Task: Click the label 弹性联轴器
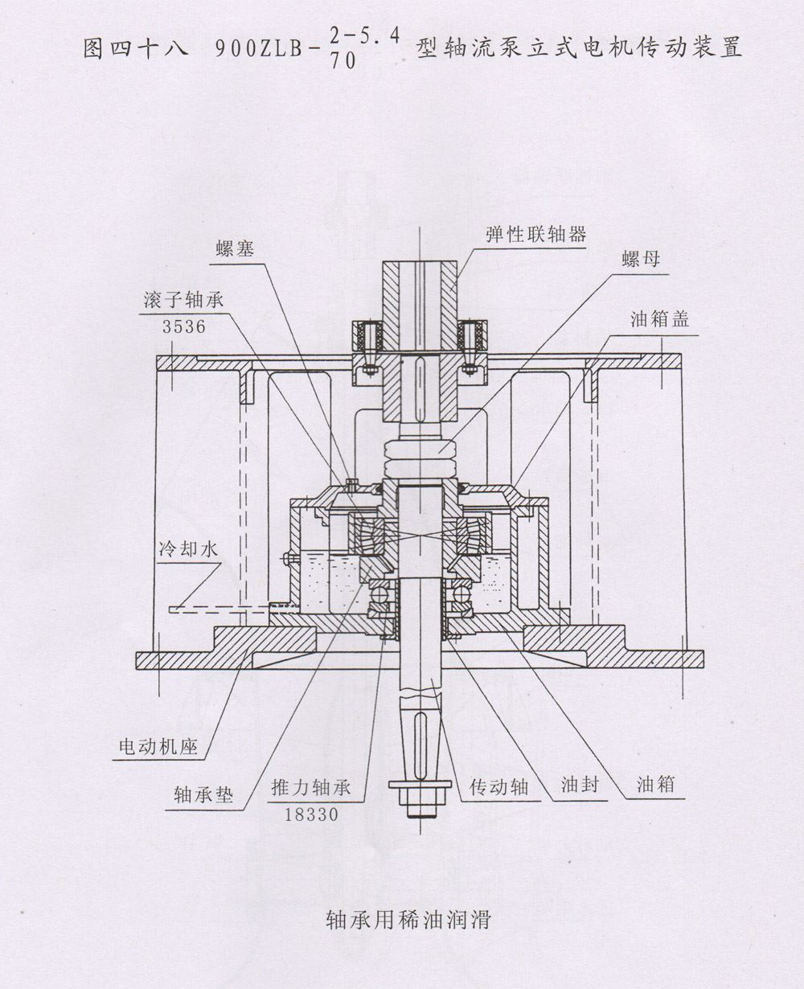click(x=535, y=234)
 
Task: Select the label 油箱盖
click(x=659, y=318)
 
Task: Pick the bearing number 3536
click(x=184, y=326)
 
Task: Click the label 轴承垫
click(x=203, y=794)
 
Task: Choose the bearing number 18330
click(x=312, y=813)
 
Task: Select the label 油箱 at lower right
click(x=655, y=783)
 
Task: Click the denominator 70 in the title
click(x=343, y=66)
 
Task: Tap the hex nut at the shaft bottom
click(x=418, y=784)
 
